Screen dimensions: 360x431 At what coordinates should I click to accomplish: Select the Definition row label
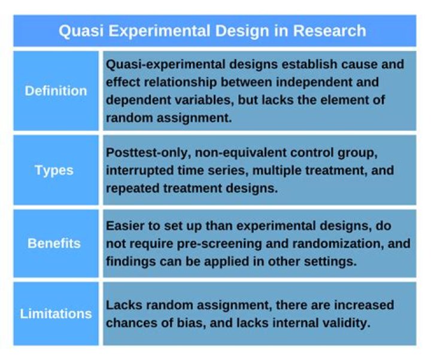[56, 91]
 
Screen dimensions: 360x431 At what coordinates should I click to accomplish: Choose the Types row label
[54, 170]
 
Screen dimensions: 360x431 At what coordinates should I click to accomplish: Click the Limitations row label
[56, 313]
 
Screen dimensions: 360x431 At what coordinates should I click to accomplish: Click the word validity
[348, 323]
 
